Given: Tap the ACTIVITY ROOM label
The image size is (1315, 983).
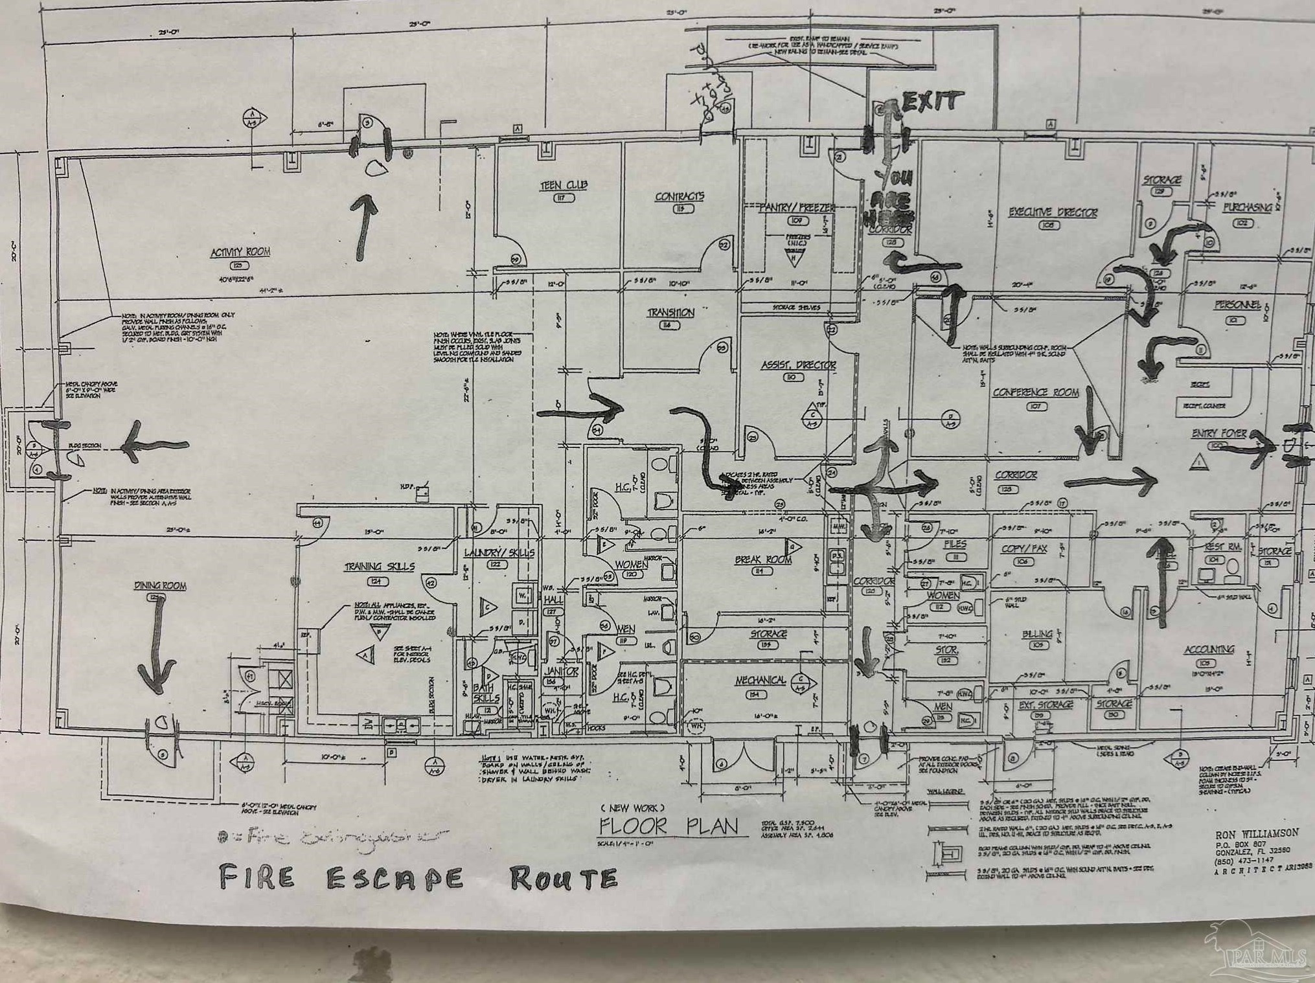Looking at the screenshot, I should pos(240,252).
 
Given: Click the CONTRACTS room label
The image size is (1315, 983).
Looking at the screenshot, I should pos(680,197).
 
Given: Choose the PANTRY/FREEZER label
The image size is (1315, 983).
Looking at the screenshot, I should pos(797,208).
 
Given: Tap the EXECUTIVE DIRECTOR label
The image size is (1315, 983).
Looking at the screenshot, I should pos(1053,212).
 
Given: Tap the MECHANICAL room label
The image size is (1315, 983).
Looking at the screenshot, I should pos(760,681).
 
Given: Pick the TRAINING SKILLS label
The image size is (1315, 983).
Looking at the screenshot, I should pos(379,567).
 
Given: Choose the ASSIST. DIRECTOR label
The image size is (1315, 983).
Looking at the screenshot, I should pos(798,366).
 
